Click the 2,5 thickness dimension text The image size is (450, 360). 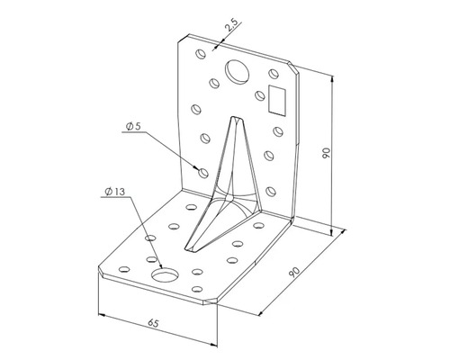click(231, 25)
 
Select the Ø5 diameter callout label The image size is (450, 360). click(133, 127)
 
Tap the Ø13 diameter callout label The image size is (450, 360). click(114, 192)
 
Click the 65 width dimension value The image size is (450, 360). click(153, 323)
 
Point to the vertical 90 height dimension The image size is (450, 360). click(327, 153)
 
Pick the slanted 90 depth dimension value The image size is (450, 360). click(294, 272)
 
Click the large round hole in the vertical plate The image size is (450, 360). click(238, 71)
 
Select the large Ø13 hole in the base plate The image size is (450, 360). click(165, 274)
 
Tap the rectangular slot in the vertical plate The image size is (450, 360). click(277, 100)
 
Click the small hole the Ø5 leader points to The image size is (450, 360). click(204, 173)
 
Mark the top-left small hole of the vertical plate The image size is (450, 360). click(201, 54)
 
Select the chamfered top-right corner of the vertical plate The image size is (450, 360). click(293, 68)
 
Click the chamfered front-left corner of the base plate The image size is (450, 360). click(102, 270)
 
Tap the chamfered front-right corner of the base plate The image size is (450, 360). click(212, 301)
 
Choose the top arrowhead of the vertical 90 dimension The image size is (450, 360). click(332, 79)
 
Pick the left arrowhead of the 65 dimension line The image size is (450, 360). click(102, 315)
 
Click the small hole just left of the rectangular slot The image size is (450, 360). click(260, 95)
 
